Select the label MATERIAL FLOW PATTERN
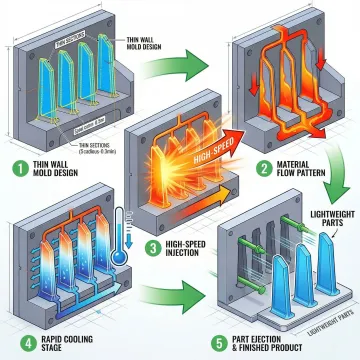tap(300, 163)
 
